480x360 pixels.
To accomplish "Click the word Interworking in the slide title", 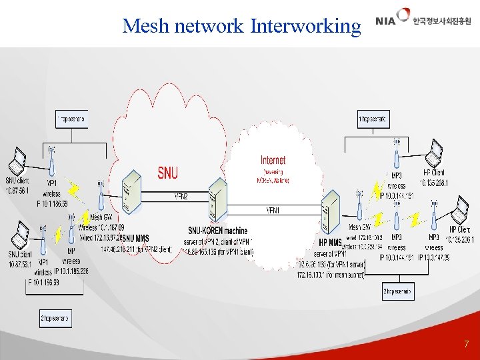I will click(x=305, y=26).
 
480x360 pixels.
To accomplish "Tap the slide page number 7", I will click(x=466, y=345).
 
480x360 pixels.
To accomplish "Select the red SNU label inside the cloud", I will click(x=167, y=173).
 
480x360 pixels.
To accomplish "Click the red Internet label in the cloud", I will click(x=273, y=160).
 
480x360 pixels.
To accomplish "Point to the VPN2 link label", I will click(x=181, y=197).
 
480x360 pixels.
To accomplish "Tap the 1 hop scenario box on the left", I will click(x=71, y=120).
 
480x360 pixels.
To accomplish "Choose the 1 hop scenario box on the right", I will click(x=373, y=120).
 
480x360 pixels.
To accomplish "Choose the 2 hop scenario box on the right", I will click(x=397, y=291).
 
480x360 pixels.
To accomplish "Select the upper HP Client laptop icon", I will click(x=435, y=153).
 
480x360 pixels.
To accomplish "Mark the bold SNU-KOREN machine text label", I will click(x=218, y=231).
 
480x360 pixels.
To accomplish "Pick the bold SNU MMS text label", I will click(x=137, y=238).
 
